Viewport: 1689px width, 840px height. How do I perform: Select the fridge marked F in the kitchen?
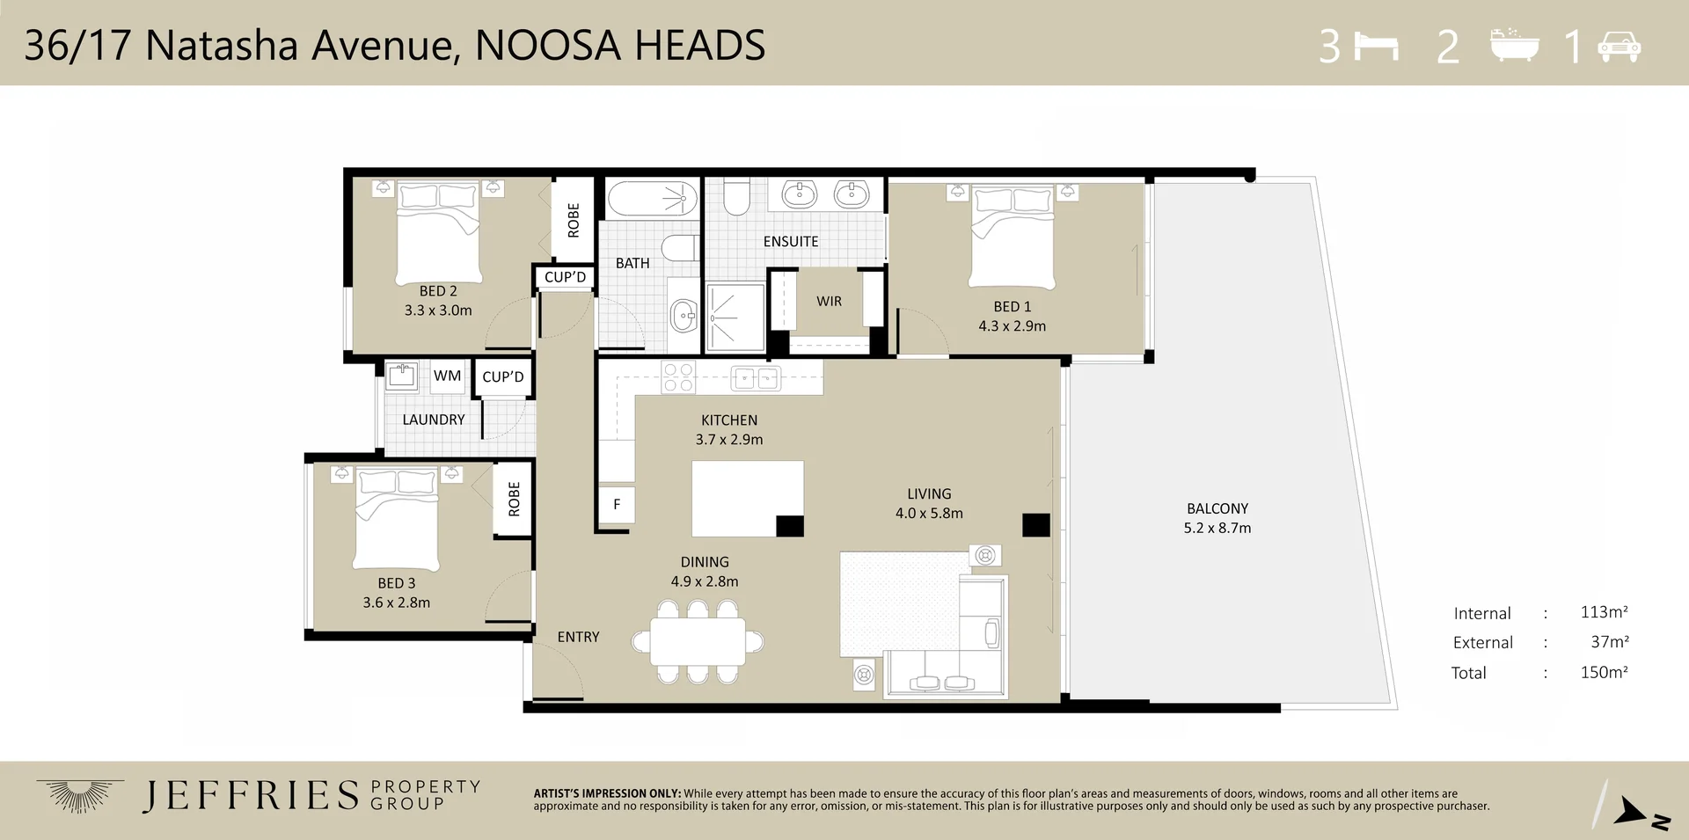coord(617,505)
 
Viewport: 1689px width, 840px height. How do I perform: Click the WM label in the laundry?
coord(447,376)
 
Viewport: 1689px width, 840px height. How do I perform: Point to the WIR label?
coord(829,302)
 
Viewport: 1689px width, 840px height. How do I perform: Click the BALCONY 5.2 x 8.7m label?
coord(1217,518)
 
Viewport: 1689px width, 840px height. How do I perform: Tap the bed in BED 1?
coord(1012,236)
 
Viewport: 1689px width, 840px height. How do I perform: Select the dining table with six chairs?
coord(698,642)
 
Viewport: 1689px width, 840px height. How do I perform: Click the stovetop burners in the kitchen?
coord(678,377)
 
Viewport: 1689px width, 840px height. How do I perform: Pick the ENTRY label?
coord(578,637)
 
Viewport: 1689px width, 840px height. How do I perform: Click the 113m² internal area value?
coord(1603,612)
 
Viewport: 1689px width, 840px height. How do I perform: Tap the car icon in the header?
coord(1619,46)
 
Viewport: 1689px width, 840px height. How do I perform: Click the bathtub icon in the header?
coord(1515,45)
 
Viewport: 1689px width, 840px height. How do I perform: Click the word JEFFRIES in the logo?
coord(251,795)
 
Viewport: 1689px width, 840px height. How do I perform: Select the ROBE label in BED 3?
coord(514,499)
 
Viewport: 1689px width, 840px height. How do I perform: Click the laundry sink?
coord(402,376)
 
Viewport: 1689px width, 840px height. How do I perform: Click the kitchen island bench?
coord(747,498)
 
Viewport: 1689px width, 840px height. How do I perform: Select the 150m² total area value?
coord(1603,672)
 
